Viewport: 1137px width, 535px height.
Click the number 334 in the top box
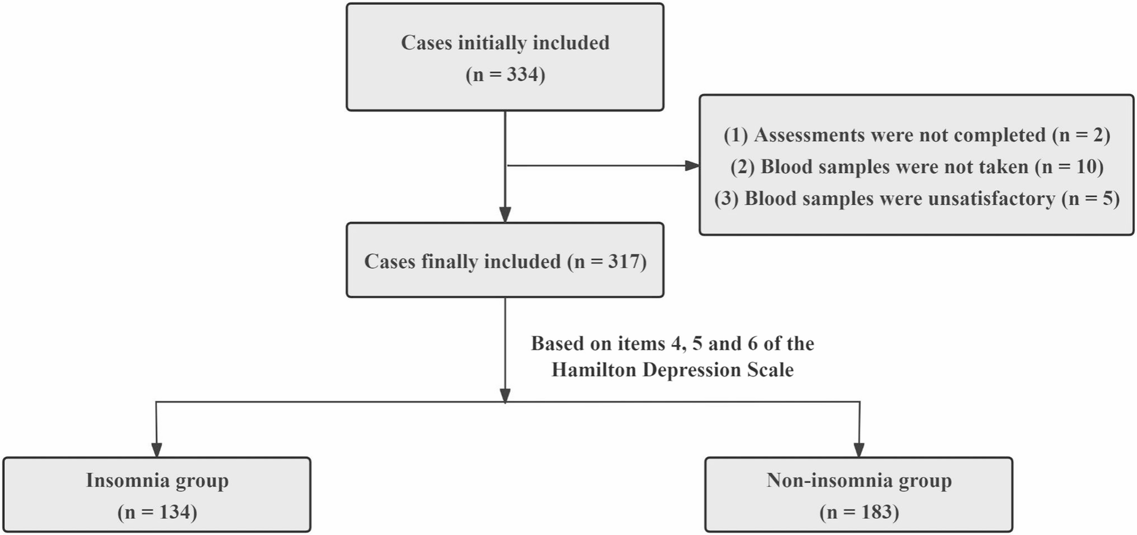pos(523,74)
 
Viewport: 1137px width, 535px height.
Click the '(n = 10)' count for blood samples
pos(1069,166)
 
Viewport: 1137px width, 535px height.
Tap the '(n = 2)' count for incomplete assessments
pos(1081,135)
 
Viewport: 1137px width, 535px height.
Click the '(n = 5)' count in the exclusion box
pos(1091,199)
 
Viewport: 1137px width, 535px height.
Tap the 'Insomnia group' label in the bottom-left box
pos(157,481)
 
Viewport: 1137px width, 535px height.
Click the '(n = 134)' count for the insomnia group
pos(157,512)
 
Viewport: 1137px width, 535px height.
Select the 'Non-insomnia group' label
pos(859,481)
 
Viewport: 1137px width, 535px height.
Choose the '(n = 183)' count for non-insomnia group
pos(859,512)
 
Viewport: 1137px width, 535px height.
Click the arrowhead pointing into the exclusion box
pos(693,166)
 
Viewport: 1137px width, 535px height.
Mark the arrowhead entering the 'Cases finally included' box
pos(505,215)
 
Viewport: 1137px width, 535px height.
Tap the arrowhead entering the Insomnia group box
pos(157,450)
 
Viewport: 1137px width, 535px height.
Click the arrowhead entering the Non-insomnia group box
pos(859,450)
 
